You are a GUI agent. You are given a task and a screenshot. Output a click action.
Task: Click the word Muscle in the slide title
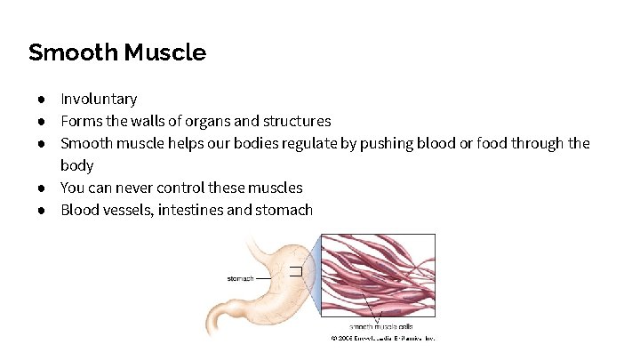click(165, 52)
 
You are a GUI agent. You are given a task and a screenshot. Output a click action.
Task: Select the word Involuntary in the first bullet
click(99, 99)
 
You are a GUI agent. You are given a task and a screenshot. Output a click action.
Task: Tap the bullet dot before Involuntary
click(42, 99)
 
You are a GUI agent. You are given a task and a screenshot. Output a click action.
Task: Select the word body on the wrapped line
click(77, 165)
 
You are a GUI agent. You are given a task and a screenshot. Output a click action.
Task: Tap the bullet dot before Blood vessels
click(42, 210)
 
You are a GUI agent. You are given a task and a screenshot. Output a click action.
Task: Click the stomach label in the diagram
click(241, 278)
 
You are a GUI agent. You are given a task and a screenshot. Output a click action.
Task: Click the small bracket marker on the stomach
click(296, 269)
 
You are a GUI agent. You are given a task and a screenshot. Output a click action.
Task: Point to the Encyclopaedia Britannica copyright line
click(381, 339)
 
